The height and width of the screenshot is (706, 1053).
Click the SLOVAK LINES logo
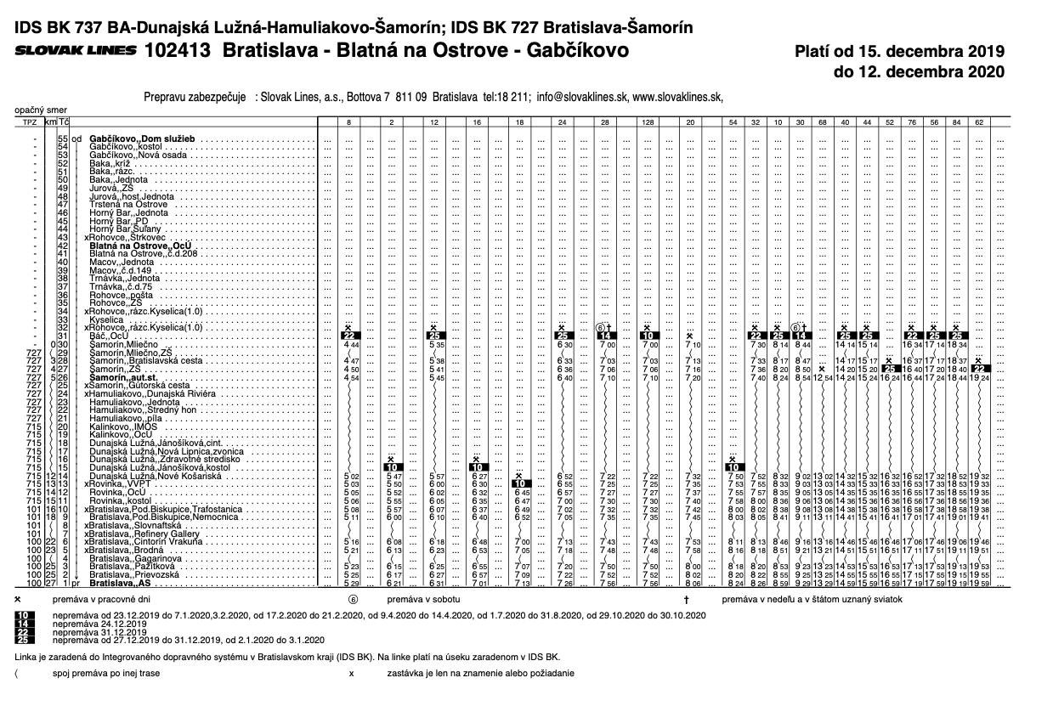tap(76, 50)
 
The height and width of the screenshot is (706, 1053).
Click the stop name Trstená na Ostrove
tap(128, 204)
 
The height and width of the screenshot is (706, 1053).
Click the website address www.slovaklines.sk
tap(677, 97)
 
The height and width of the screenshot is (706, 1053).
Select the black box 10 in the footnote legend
tap(25, 615)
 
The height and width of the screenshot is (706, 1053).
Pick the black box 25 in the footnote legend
tap(25, 640)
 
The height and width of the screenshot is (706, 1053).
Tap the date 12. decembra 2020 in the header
tap(919, 72)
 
